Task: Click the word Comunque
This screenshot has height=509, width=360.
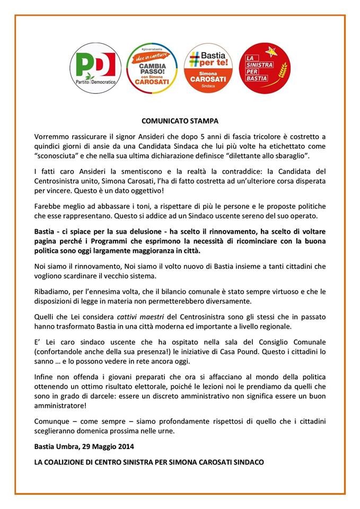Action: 51,420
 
